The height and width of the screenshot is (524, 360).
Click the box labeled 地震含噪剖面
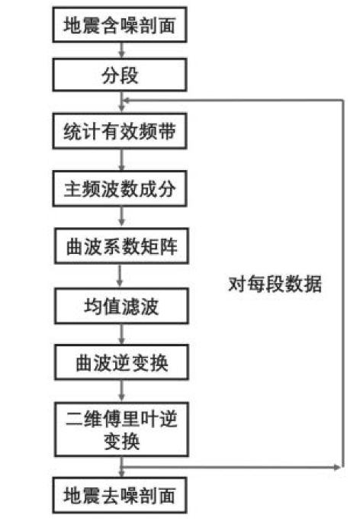click(x=119, y=24)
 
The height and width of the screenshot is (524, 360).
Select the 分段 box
click(x=119, y=75)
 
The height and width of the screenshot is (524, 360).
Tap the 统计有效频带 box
click(x=119, y=131)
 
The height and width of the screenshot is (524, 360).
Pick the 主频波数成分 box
click(x=119, y=188)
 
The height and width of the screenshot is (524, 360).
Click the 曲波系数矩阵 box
click(x=121, y=246)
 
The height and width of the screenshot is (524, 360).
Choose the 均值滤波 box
click(x=121, y=306)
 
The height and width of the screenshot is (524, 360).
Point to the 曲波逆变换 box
click(x=121, y=362)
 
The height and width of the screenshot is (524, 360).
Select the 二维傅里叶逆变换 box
click(x=121, y=429)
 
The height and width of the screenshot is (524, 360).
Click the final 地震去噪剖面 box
click(x=119, y=495)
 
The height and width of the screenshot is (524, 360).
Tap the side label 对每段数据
click(x=275, y=284)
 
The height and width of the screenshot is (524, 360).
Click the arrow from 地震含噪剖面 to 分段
click(x=122, y=50)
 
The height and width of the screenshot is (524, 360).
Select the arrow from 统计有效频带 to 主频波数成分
click(x=122, y=159)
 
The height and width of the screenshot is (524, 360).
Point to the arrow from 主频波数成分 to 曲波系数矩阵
click(x=122, y=217)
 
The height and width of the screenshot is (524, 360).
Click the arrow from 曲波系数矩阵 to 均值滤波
click(x=120, y=276)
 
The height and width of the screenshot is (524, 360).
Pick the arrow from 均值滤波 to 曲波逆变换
click(x=122, y=334)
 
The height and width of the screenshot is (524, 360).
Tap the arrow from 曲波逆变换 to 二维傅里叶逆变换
click(x=122, y=391)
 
